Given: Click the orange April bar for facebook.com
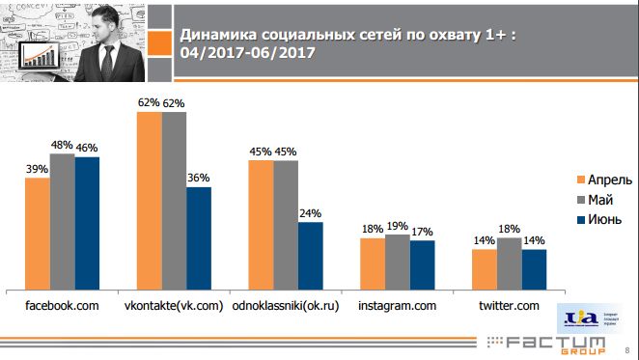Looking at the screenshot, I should click(x=38, y=232).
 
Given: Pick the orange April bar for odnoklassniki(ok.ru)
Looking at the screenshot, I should click(x=262, y=223).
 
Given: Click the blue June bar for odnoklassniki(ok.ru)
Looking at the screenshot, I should click(x=311, y=255).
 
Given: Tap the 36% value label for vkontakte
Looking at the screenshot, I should click(x=199, y=178).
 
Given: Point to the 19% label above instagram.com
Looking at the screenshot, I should click(x=398, y=225).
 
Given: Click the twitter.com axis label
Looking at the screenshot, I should click(x=509, y=306).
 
